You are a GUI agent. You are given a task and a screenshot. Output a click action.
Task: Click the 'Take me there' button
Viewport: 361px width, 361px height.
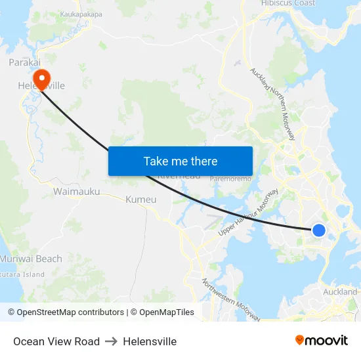coord(180,161)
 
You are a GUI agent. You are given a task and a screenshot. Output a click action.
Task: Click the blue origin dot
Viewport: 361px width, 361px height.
coord(318,230)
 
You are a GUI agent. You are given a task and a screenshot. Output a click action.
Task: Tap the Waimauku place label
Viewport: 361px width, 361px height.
coord(77,192)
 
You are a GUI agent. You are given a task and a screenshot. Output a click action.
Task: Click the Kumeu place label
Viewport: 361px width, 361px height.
coord(140,199)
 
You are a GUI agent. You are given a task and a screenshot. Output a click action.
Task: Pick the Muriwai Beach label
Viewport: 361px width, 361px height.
coord(32,259)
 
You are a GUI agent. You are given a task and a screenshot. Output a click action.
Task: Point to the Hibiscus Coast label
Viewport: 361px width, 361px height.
coord(288,3)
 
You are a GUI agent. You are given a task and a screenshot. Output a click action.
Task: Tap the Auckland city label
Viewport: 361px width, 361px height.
coord(340,291)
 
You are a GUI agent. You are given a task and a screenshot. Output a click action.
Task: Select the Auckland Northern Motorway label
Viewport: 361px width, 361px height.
coord(272,103)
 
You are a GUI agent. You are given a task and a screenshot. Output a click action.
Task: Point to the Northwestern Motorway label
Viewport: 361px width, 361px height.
coord(231,301)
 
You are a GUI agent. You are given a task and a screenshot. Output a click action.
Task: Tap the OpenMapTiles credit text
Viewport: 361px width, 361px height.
coord(162,312)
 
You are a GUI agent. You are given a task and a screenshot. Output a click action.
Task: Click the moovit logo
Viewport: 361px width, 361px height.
coord(322,340)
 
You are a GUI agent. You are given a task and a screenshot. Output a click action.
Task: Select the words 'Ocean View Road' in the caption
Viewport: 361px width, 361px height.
coord(56,341)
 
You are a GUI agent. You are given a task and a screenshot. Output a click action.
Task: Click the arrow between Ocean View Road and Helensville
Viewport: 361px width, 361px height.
coord(111,341)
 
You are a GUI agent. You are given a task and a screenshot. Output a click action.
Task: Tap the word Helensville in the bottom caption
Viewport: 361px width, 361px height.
coord(150,341)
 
